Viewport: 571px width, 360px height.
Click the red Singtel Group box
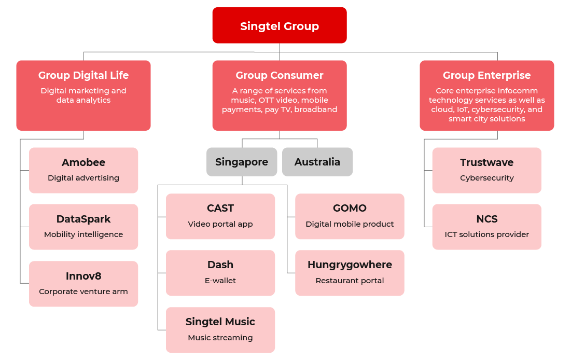[280, 25]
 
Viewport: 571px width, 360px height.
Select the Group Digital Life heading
[83, 76]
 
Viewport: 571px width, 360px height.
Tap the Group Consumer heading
[280, 76]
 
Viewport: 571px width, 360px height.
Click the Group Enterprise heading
[486, 76]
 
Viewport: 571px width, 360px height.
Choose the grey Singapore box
[242, 162]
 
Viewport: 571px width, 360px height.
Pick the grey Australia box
[317, 162]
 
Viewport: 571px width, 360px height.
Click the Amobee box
[83, 170]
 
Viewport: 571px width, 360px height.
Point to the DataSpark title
[83, 219]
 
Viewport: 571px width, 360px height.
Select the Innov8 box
[83, 283]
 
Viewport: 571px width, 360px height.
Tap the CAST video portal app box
[220, 216]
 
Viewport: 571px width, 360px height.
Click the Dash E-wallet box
[220, 273]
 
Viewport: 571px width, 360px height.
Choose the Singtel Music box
[220, 330]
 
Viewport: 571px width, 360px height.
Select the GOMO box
[350, 216]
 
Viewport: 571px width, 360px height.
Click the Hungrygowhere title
[350, 265]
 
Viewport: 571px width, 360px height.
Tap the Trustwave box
[486, 170]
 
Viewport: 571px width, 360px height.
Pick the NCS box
[486, 227]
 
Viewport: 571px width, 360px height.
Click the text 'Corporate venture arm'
[83, 292]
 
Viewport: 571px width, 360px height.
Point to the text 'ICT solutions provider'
[486, 234]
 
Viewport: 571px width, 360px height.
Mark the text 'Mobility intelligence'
[83, 234]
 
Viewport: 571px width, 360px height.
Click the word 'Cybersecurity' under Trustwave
[486, 178]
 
